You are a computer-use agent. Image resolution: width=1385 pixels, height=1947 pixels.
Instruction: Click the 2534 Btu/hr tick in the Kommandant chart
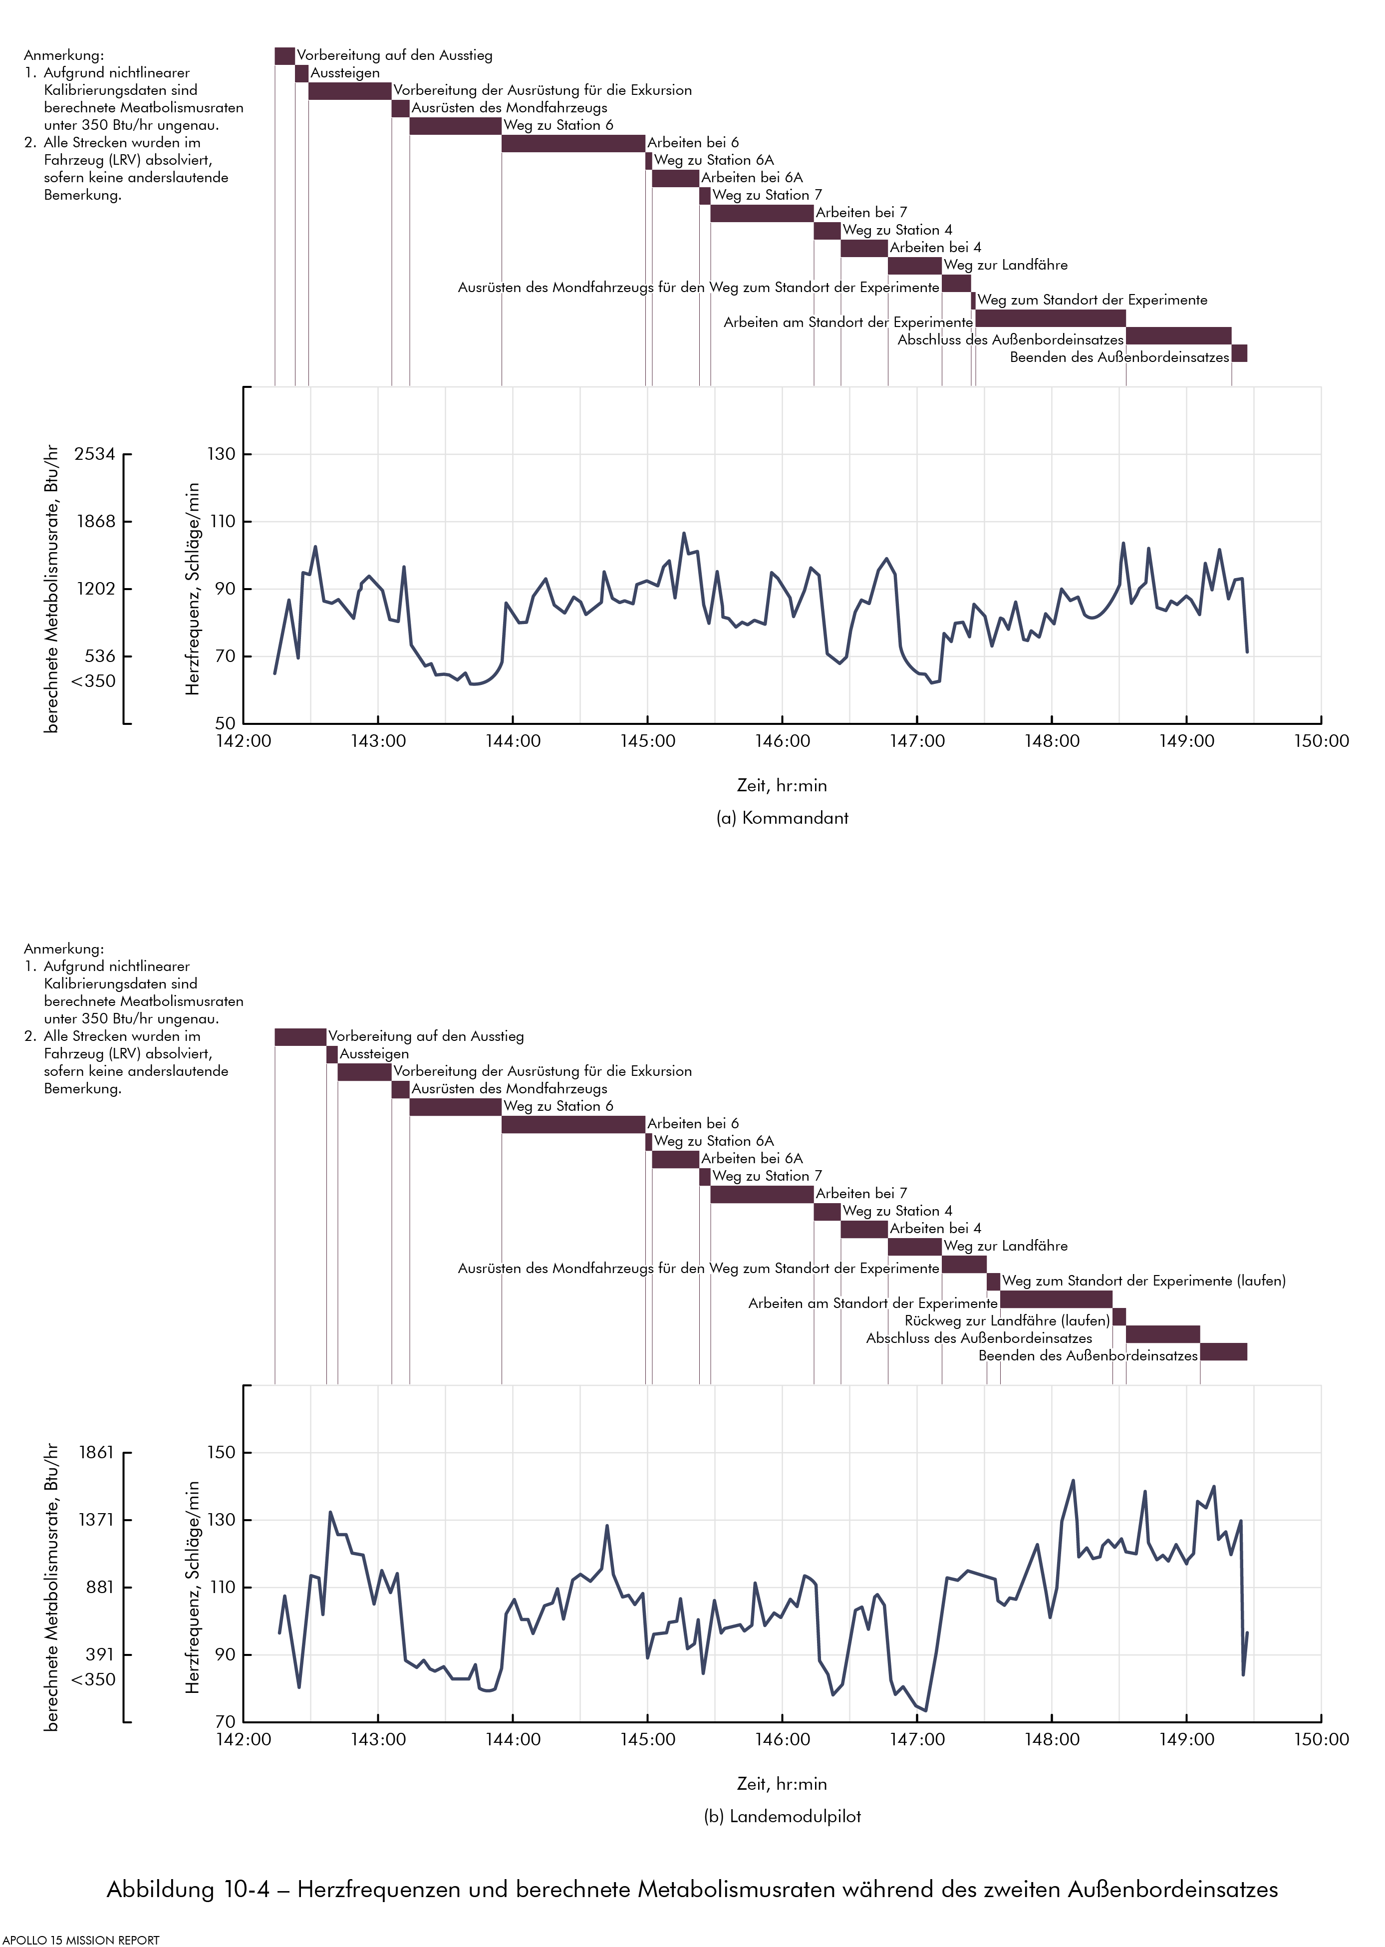pos(95,454)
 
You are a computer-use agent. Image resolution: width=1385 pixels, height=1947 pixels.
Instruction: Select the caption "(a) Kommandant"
pos(782,818)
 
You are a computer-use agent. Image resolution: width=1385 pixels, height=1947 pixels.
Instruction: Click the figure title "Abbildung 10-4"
pos(188,1889)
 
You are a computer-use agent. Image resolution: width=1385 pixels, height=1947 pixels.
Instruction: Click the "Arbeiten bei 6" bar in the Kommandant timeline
pos(573,143)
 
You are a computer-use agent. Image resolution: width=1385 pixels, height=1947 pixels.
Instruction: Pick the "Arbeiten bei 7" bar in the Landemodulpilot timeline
pos(762,1195)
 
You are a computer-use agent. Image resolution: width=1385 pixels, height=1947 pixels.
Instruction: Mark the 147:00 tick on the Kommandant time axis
pos(917,741)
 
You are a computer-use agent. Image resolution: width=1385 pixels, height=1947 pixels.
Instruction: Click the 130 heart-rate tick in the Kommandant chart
pos(222,454)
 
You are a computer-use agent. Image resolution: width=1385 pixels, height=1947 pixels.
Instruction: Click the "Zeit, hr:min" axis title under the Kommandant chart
pos(782,785)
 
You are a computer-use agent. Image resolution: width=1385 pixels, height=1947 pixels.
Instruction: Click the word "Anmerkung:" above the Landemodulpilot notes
pos(64,949)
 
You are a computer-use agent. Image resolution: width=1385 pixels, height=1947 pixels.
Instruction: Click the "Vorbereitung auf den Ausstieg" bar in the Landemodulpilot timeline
pos(300,1037)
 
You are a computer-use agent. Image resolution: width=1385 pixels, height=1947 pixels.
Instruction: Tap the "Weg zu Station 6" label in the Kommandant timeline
pos(558,125)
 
